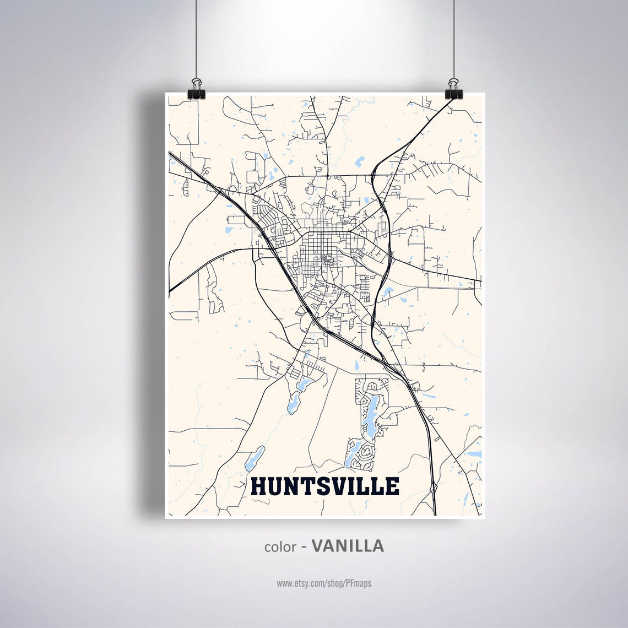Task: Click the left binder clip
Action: [197, 89]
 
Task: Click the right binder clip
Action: [453, 89]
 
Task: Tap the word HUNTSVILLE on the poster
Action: [325, 486]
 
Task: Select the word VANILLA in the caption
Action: [348, 546]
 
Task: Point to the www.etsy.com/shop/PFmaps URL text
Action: [324, 583]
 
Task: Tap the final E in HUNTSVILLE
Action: [392, 486]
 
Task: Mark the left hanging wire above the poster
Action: [197, 39]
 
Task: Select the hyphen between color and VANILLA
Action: [304, 547]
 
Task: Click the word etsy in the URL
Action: [300, 583]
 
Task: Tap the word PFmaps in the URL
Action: [359, 583]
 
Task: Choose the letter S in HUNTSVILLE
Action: [320, 486]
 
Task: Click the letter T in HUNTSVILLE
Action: [305, 486]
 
